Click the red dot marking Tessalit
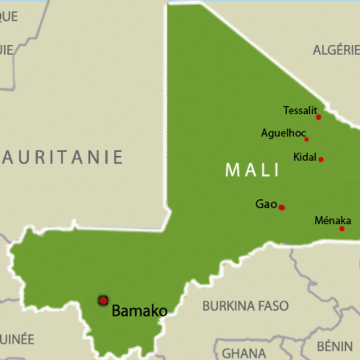(x=319, y=117)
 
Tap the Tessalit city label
(x=300, y=110)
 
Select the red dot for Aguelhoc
(x=307, y=139)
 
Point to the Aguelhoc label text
(x=283, y=133)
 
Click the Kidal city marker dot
(x=321, y=159)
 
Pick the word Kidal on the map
(x=305, y=157)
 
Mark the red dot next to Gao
(x=282, y=207)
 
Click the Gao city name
(x=266, y=204)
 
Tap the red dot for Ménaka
(x=342, y=229)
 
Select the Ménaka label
(x=333, y=220)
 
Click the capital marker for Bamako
(x=103, y=301)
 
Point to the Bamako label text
(x=139, y=311)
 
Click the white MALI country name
(x=252, y=170)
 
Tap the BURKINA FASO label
(x=245, y=306)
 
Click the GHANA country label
(x=244, y=353)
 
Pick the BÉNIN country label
(x=335, y=346)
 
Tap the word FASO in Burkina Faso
(x=273, y=306)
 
